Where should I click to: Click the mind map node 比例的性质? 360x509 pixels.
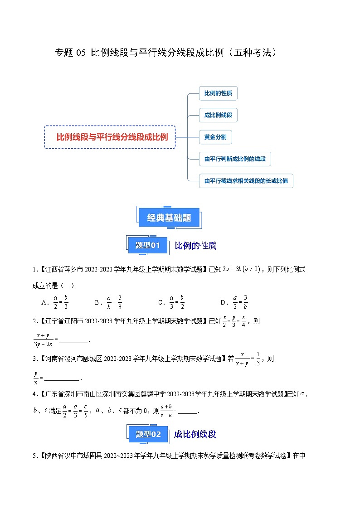(218, 93)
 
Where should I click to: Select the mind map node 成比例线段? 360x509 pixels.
(218, 115)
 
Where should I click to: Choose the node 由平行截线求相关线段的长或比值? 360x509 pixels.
(246, 181)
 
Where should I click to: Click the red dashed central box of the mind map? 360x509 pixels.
(110, 137)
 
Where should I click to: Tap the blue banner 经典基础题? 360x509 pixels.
(169, 218)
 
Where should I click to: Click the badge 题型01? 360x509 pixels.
(148, 245)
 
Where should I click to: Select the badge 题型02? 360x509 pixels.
(148, 434)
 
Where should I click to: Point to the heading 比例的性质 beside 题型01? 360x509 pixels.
(195, 246)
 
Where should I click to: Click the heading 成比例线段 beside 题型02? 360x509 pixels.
(195, 434)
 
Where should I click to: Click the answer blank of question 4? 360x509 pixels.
(188, 412)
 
